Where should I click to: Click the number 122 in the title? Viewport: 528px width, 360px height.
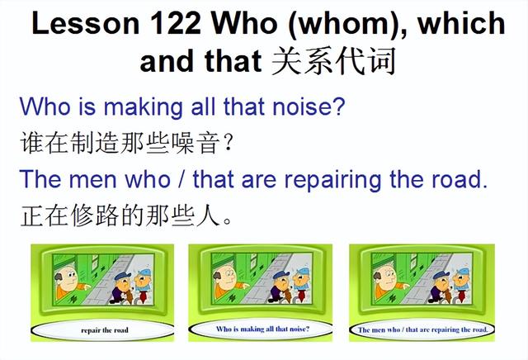tap(175, 23)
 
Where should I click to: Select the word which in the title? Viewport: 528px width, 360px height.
tap(461, 22)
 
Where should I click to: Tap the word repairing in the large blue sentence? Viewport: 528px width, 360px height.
tap(332, 180)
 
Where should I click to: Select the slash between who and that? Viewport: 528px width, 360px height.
tap(181, 179)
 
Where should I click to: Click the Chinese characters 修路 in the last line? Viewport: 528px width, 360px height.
tap(95, 215)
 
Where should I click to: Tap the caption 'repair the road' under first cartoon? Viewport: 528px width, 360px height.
tap(105, 330)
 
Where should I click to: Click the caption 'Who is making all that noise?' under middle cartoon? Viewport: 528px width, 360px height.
tap(262, 329)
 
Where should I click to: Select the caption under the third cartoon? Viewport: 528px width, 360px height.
tap(422, 329)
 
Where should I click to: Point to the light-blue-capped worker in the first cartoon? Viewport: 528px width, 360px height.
tap(144, 285)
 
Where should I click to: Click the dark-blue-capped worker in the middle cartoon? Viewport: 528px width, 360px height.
tap(280, 287)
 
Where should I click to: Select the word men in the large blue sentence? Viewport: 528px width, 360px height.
tap(92, 180)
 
